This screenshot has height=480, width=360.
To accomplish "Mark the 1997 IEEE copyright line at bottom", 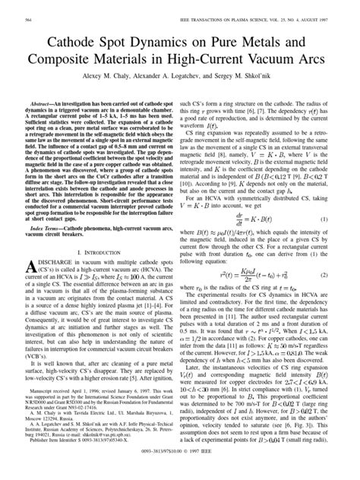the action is pos(180,471).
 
